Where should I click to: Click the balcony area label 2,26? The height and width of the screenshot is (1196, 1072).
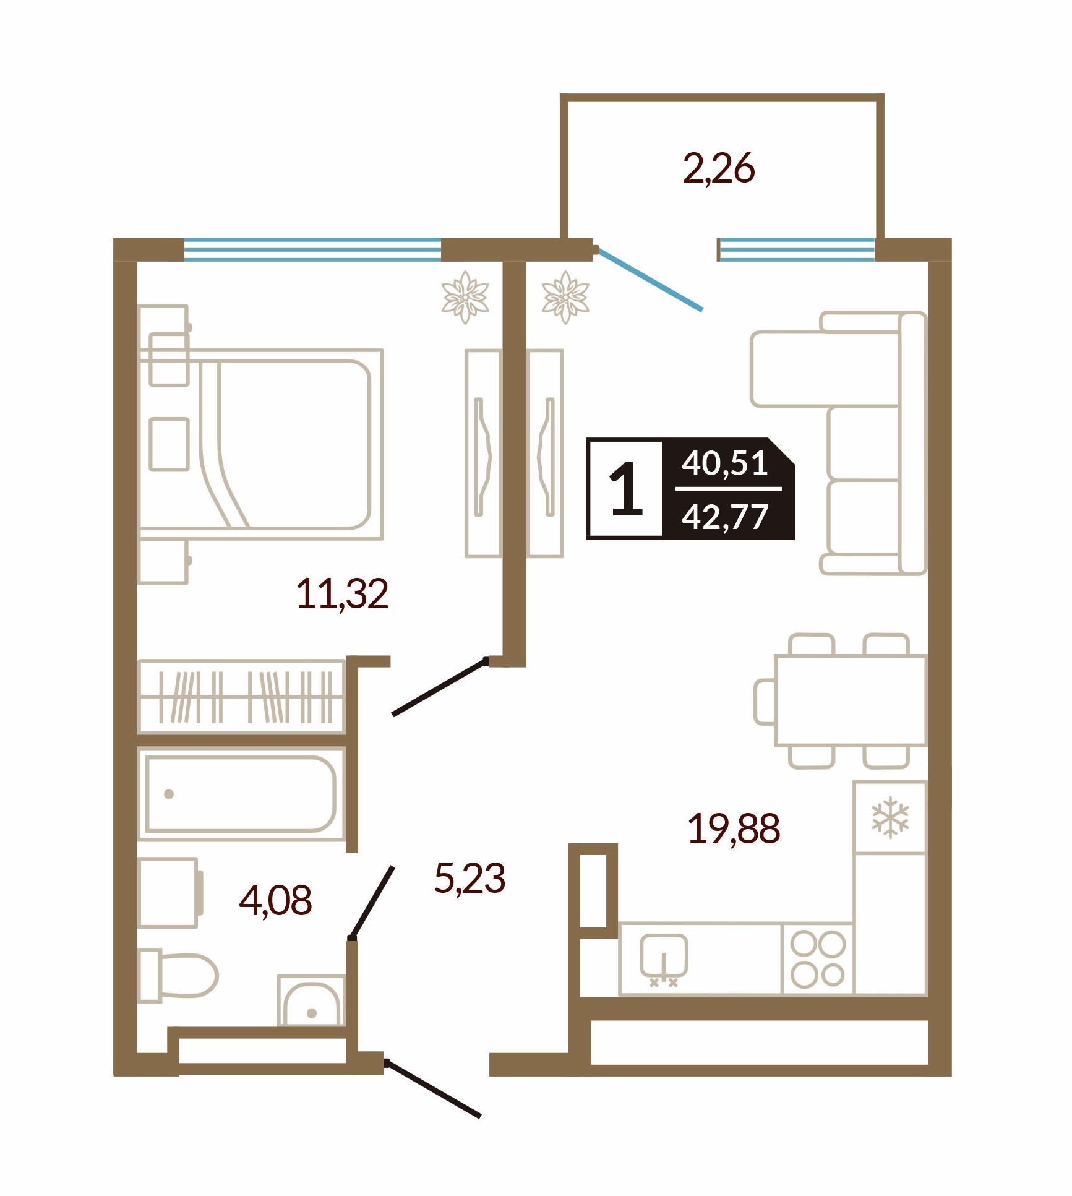coord(719,169)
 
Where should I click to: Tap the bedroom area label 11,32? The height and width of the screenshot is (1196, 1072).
coord(342,593)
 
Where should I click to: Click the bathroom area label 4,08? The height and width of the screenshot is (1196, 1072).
coord(275,900)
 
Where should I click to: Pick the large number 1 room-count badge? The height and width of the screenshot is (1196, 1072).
coord(626,488)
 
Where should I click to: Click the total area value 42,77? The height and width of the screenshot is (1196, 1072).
coord(724,516)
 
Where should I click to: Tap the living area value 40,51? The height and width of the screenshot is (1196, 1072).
coord(724,463)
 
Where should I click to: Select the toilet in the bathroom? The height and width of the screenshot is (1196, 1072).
coord(178,976)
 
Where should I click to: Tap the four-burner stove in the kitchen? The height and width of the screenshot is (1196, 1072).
coord(818,959)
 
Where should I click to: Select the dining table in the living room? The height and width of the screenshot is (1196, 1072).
coord(851,700)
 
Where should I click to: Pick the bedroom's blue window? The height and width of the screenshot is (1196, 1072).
coord(312,251)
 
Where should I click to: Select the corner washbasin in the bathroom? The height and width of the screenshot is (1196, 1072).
coord(311,1000)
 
